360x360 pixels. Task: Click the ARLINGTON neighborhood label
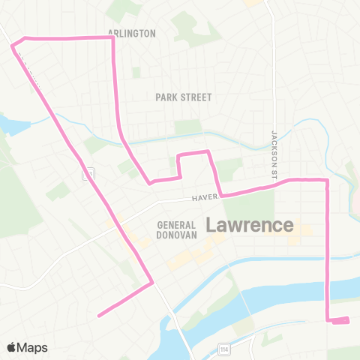[131, 34]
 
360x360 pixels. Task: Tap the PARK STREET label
[184, 97]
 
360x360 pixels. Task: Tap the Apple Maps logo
[27, 347]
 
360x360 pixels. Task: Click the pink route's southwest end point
[99, 316]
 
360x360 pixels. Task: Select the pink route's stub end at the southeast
[347, 321]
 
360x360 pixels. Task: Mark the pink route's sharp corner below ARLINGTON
[112, 37]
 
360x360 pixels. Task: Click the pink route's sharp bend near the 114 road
[152, 283]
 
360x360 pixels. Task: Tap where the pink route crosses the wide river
[328, 289]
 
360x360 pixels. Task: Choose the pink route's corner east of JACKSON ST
[328, 180]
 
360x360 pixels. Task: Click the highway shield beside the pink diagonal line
[88, 173]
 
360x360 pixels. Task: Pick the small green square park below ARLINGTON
[136, 72]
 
